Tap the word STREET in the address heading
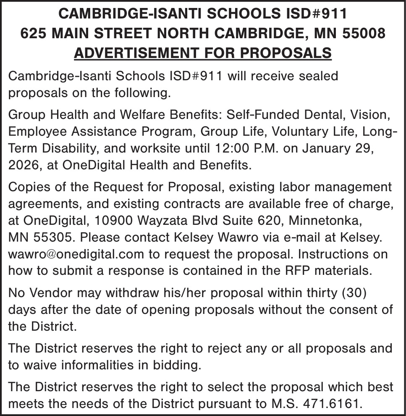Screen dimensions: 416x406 pyautogui.click(x=132, y=33)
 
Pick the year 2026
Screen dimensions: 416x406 pyautogui.click(x=23, y=164)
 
